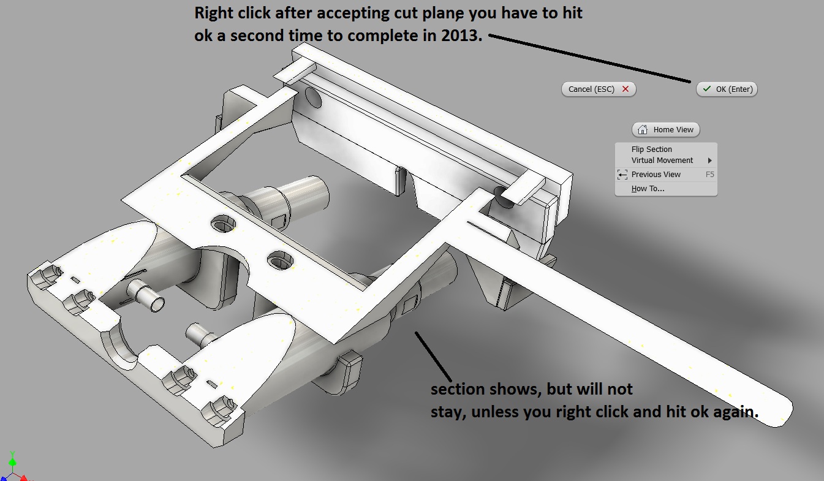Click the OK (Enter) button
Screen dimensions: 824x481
(727, 89)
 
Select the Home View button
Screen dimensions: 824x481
(666, 129)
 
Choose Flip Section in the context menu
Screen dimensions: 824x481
(651, 149)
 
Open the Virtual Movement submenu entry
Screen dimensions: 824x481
(662, 161)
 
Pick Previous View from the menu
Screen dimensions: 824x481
(656, 175)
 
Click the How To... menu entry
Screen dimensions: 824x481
(648, 189)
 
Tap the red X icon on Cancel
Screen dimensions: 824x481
(626, 89)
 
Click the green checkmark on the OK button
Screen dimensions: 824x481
(706, 89)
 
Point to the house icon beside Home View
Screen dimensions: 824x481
(643, 129)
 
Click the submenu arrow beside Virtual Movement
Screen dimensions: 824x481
(710, 161)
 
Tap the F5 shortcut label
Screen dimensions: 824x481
(709, 175)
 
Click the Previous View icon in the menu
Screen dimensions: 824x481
(622, 175)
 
